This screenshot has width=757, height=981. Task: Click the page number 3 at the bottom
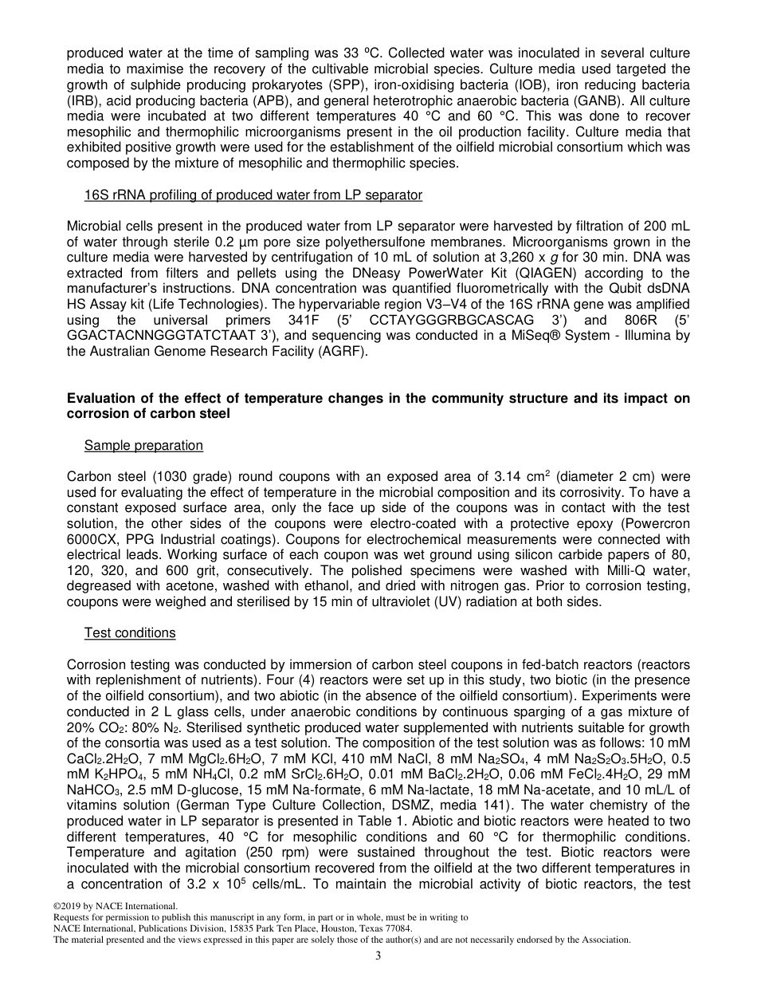coord(378,956)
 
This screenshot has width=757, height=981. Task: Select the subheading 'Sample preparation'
coord(143,445)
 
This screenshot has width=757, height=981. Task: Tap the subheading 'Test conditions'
coord(130,632)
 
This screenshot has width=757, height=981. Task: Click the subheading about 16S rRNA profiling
coord(253,195)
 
